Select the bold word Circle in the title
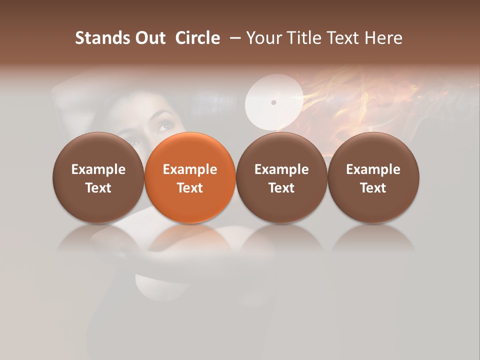pyautogui.click(x=197, y=38)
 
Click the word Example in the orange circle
pyautogui.click(x=190, y=169)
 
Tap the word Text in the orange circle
pyautogui.click(x=190, y=188)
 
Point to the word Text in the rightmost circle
pyautogui.click(x=373, y=188)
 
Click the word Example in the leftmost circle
pyautogui.click(x=98, y=169)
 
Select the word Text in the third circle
pyautogui.click(x=281, y=188)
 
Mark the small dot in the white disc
pyautogui.click(x=273, y=102)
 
